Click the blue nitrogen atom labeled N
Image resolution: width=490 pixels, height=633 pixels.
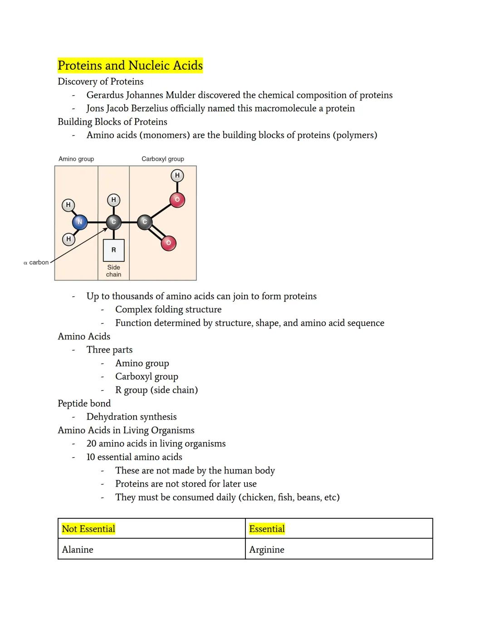(x=80, y=222)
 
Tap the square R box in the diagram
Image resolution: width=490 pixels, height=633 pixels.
(x=113, y=250)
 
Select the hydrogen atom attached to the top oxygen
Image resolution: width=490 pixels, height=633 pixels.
(x=177, y=175)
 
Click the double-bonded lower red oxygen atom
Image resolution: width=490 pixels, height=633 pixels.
(x=168, y=243)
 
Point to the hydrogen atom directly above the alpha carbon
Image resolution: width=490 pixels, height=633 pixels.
(x=113, y=200)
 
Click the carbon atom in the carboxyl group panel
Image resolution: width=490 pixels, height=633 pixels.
(x=145, y=222)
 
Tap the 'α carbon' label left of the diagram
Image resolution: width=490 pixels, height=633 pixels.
(x=36, y=262)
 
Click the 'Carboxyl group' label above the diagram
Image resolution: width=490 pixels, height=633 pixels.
(x=162, y=159)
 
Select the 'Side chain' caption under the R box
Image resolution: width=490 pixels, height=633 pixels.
(x=113, y=271)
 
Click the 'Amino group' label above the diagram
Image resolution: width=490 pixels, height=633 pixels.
(x=76, y=159)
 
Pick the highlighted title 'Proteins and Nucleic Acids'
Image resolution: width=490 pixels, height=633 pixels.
(x=130, y=66)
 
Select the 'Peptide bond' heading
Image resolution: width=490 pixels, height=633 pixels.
(x=84, y=403)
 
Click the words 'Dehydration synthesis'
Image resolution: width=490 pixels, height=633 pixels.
(x=132, y=417)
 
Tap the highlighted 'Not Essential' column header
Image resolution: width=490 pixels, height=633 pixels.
(x=88, y=529)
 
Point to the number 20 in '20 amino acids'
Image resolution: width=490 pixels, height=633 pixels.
(x=91, y=444)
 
